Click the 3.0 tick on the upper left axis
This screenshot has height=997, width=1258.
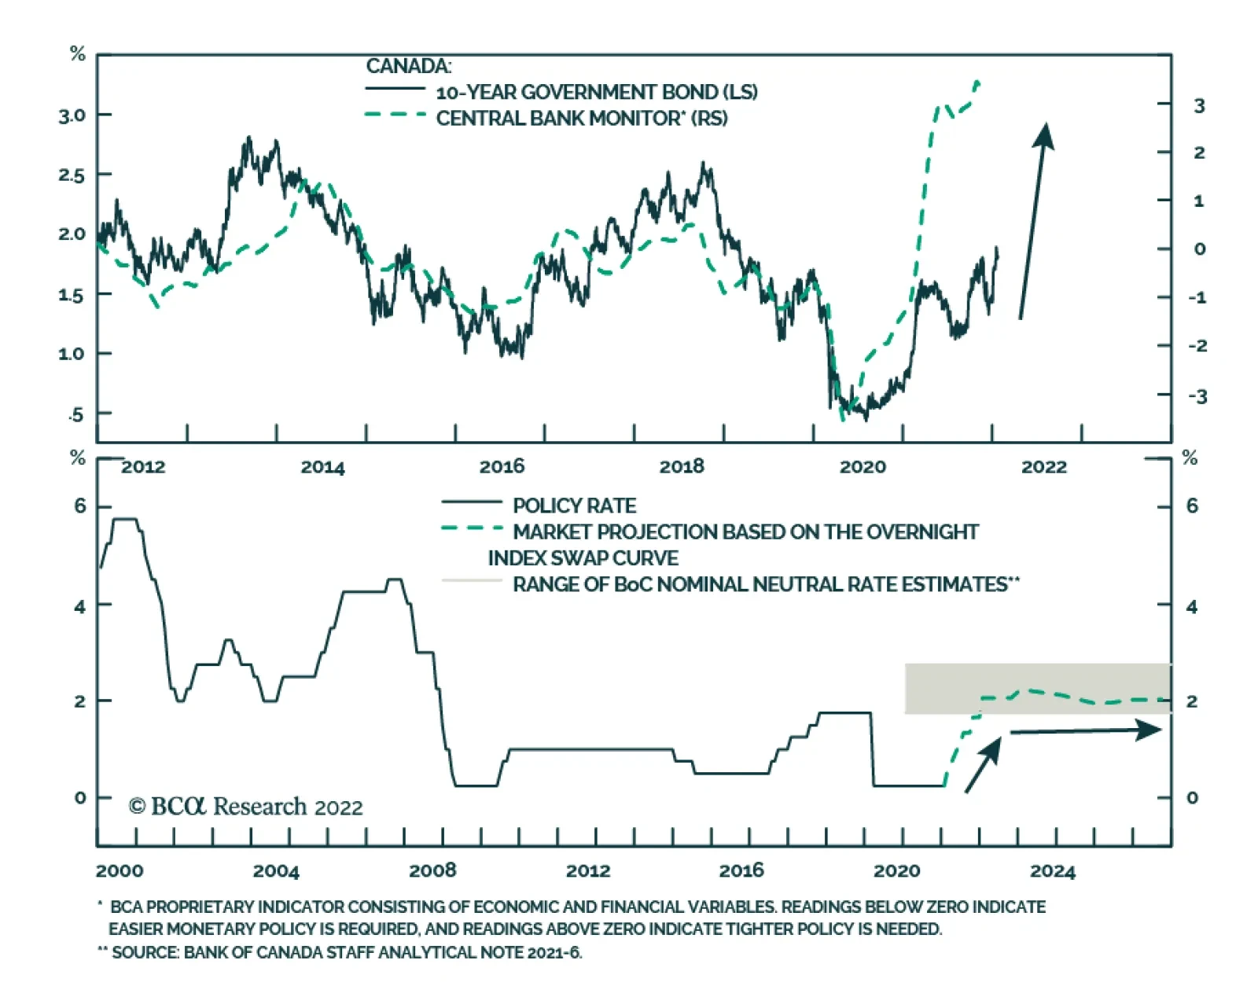coord(72,116)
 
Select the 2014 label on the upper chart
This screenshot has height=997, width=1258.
coord(322,467)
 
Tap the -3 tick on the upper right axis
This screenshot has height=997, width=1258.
coord(1197,396)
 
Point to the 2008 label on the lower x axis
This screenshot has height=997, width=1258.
coord(432,870)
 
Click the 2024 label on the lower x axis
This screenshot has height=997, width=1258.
coord(1052,871)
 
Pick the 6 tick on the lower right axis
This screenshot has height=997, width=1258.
coord(1192,506)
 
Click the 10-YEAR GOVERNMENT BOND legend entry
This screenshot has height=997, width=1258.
coord(596,92)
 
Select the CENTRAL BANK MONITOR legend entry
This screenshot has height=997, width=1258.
coord(581,118)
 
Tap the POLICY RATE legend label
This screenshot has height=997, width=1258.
coord(574,506)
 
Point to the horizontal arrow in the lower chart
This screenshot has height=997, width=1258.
coord(1085,731)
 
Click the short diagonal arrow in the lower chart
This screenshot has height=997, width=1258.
coord(983,764)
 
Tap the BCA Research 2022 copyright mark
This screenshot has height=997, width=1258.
coord(245,807)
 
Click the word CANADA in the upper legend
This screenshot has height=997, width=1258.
coord(408,66)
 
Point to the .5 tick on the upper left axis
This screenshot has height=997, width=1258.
coord(75,414)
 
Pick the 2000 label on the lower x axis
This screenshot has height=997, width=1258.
coord(120,870)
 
